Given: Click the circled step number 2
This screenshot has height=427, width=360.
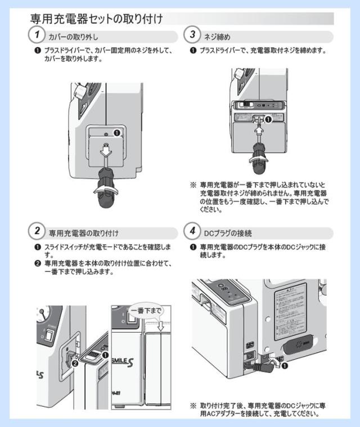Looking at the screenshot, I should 37,231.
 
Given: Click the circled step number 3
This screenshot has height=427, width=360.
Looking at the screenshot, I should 193,35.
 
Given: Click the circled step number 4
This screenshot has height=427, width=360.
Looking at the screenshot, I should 193,231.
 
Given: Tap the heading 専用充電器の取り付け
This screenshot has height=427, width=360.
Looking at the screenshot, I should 83,232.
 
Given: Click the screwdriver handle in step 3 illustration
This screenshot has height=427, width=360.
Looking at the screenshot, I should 259,157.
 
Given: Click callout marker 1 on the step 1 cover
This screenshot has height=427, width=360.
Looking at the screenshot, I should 117,133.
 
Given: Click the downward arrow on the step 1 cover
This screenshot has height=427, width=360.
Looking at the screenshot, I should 106,150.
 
